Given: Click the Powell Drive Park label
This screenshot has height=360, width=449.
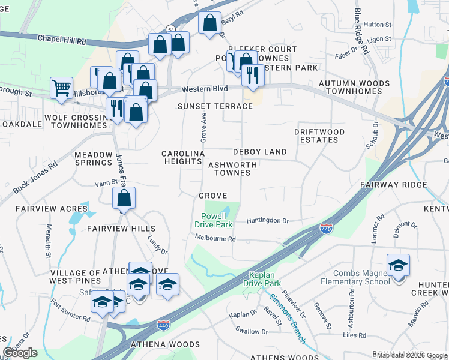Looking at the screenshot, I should pyautogui.click(x=213, y=220).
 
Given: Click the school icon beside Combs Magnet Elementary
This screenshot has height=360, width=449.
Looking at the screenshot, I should pyautogui.click(x=398, y=265).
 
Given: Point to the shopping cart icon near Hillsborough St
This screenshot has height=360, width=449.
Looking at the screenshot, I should pyautogui.click(x=61, y=88).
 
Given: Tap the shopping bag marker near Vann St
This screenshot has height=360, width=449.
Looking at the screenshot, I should pyautogui.click(x=124, y=199).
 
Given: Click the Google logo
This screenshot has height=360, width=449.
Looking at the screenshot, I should pyautogui.click(x=20, y=353).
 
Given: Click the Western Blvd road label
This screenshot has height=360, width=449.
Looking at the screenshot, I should pyautogui.click(x=205, y=89).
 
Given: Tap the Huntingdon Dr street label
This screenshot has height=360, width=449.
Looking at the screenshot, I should pyautogui.click(x=268, y=221).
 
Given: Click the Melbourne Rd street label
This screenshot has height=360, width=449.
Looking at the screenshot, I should pyautogui.click(x=215, y=238).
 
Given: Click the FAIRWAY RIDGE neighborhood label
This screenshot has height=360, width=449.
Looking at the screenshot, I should pyautogui.click(x=393, y=185).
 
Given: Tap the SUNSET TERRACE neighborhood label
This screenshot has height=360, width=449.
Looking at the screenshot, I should pyautogui.click(x=215, y=106).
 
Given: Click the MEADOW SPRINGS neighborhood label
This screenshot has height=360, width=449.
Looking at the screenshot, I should pyautogui.click(x=93, y=158).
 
